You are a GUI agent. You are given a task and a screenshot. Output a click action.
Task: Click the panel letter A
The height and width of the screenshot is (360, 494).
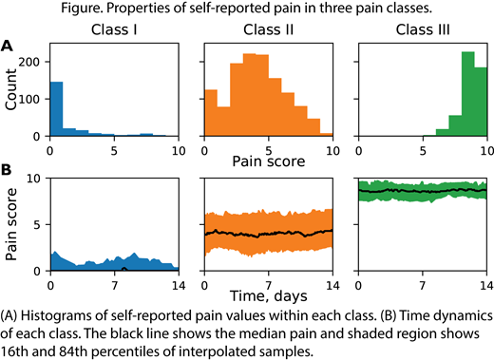[8, 45]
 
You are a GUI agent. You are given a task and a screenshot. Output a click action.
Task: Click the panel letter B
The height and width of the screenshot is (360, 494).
[8, 170]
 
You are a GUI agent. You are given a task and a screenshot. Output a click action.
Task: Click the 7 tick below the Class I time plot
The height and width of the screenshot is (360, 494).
[114, 283]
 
